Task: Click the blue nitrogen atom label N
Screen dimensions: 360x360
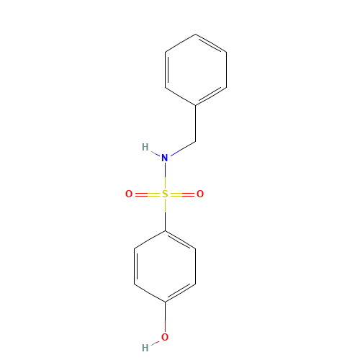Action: pyautogui.click(x=165, y=158)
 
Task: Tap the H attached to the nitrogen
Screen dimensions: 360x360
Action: pyautogui.click(x=145, y=148)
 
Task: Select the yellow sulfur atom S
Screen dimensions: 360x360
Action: pyautogui.click(x=165, y=194)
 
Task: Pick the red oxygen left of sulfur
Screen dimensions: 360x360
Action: pyautogui.click(x=129, y=194)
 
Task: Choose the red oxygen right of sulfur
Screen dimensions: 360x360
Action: pyautogui.click(x=200, y=194)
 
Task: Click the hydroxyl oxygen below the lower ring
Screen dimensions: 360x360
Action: pyautogui.click(x=165, y=337)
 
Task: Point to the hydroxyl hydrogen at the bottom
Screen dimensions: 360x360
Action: pyautogui.click(x=145, y=348)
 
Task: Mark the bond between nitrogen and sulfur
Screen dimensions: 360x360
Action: pyautogui.click(x=165, y=176)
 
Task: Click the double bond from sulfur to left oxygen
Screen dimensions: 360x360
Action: pyautogui.click(x=147, y=194)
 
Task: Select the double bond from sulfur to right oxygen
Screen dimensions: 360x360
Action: pyautogui.click(x=183, y=194)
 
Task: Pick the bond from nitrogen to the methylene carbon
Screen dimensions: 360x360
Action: pyautogui.click(x=181, y=149)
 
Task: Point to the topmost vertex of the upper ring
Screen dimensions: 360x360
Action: pyautogui.click(x=196, y=35)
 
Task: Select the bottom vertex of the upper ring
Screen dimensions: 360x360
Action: pyautogui.click(x=196, y=106)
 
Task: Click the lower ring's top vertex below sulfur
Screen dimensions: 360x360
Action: pyautogui.click(x=165, y=231)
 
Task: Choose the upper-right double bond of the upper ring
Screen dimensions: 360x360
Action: pyautogui.click(x=211, y=43)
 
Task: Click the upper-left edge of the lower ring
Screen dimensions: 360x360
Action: pyautogui.click(x=150, y=240)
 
